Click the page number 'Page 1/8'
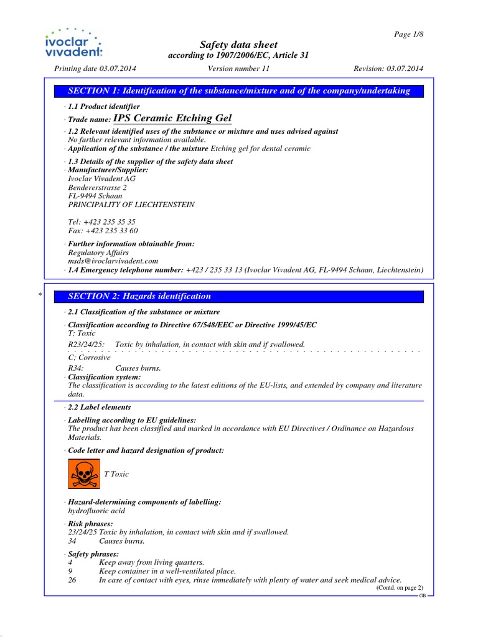pos(408,34)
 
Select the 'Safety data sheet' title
pos(238,45)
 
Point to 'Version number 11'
pos(238,68)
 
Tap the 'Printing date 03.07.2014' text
pos(95,68)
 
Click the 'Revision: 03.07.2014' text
pos(388,68)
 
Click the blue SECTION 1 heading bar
pos(239,91)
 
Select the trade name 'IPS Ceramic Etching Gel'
pos(172,118)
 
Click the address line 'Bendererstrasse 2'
pos(97,187)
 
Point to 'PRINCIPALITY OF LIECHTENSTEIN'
pos(131,205)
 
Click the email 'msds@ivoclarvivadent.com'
pos(113,261)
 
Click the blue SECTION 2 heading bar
pos(239,297)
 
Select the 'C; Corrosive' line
pos(89,358)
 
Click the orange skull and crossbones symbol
pos(83,474)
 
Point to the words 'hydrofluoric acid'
pos(96,511)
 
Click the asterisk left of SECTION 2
pos(40,297)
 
